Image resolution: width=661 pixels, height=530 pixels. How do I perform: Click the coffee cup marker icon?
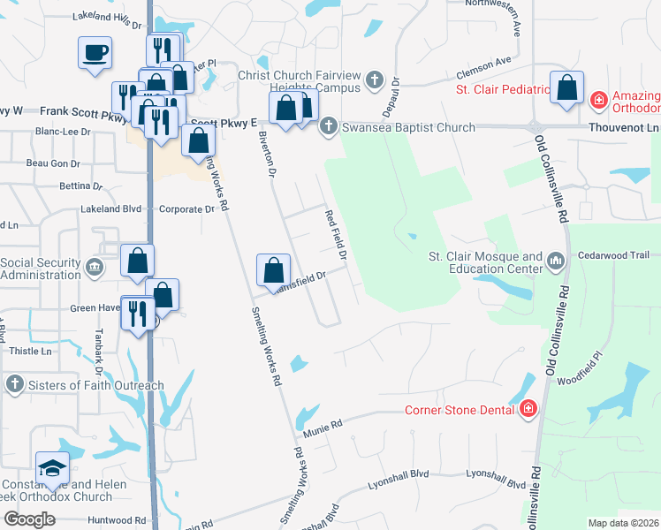pos(95,53)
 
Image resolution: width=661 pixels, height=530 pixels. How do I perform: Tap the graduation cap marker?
pos(52,468)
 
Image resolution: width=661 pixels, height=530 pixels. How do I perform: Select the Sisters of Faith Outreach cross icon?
pos(14,384)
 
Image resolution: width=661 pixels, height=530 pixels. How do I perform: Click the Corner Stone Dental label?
pos(460,409)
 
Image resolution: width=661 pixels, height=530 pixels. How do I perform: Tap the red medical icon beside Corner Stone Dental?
pos(528,408)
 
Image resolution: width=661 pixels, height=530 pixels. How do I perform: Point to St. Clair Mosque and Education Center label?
pos(485,261)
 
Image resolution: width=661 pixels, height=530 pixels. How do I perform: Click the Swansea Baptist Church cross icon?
pos(329,126)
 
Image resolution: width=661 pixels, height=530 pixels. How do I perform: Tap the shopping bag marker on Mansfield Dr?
pos(274,269)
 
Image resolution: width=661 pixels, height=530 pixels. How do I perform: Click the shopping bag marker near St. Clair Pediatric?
pos(566,87)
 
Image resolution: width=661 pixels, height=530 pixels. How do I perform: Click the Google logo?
pos(30,519)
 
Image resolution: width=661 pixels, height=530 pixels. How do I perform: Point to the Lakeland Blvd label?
pos(110,209)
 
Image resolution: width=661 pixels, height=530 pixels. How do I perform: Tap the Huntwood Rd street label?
pos(117,520)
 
